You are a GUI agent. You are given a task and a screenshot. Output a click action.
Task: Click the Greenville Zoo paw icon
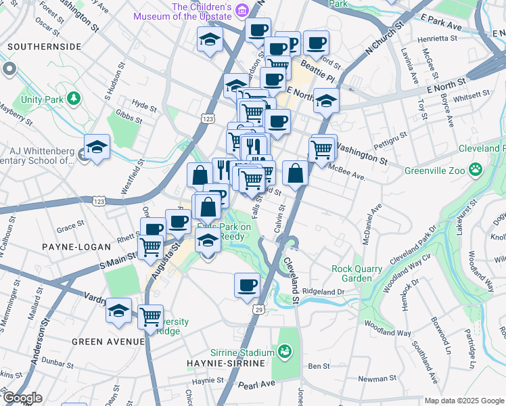click(477, 168)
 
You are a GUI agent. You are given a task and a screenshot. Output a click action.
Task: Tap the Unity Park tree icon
click(74, 99)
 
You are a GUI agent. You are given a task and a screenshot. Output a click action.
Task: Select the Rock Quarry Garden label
click(356, 273)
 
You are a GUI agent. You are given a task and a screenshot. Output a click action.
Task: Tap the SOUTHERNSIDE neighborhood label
click(45, 47)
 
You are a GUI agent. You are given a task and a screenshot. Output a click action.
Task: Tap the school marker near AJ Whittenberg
click(97, 148)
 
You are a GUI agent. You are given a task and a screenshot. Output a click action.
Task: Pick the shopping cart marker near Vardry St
click(150, 315)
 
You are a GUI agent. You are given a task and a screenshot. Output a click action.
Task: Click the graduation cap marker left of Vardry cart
click(119, 311)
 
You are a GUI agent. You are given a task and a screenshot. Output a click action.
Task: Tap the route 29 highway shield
click(258, 309)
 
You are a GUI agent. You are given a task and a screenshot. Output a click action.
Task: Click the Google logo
click(22, 399)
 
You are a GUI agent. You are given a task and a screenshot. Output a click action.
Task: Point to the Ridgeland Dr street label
click(323, 292)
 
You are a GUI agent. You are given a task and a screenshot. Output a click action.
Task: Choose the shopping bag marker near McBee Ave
click(295, 173)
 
